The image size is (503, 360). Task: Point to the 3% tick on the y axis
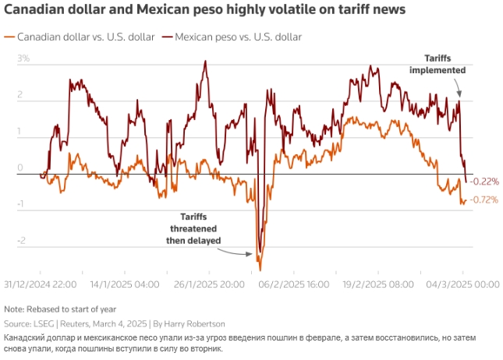click(x=23, y=58)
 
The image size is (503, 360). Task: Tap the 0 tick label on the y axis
click(x=21, y=168)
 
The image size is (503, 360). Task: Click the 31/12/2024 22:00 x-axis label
click(x=40, y=285)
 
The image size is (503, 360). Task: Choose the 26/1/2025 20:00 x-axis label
click(x=208, y=285)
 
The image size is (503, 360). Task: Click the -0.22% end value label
click(x=484, y=182)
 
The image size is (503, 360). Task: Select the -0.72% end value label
click(x=484, y=200)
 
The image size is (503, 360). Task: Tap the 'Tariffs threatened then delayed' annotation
click(x=195, y=229)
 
